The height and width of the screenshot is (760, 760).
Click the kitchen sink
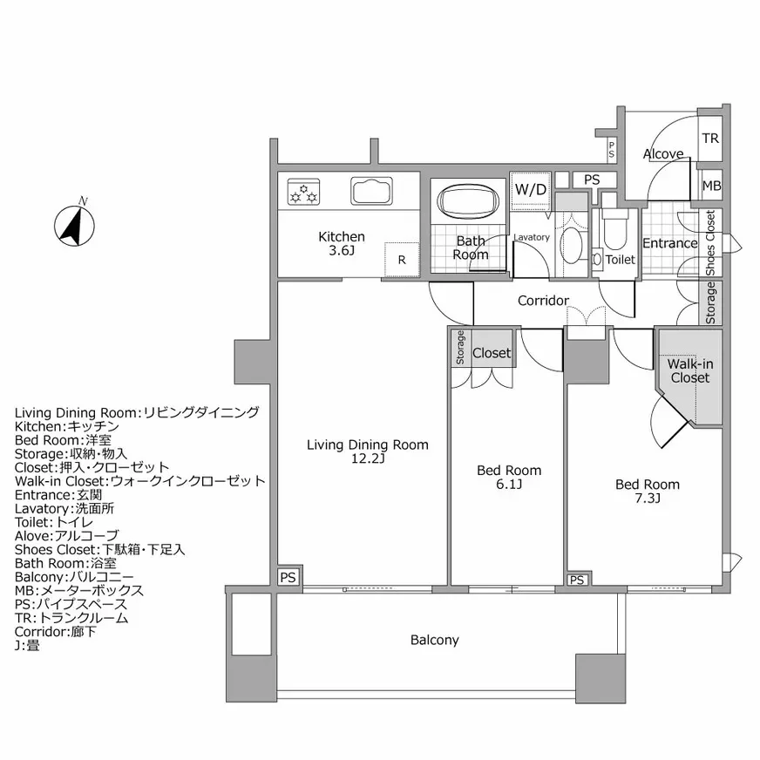(x=376, y=192)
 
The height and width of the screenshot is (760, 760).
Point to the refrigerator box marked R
(x=402, y=259)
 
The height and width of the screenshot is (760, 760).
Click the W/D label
(x=530, y=189)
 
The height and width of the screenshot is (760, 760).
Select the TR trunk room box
(x=710, y=139)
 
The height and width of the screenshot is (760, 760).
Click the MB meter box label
(x=711, y=186)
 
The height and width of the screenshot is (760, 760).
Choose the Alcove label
(x=663, y=154)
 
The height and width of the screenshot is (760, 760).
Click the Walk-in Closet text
(x=689, y=371)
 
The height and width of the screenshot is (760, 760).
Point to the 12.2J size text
(x=368, y=458)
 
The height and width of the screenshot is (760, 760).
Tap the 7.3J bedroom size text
(x=647, y=499)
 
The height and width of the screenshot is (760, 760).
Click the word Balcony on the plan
(x=434, y=641)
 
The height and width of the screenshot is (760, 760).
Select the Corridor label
(x=543, y=301)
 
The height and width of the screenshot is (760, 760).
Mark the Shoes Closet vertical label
(x=710, y=243)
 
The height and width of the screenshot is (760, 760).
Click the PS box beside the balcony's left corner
(x=288, y=576)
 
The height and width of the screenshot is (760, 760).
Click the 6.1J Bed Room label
(x=508, y=477)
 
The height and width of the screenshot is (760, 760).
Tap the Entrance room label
(x=669, y=243)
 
